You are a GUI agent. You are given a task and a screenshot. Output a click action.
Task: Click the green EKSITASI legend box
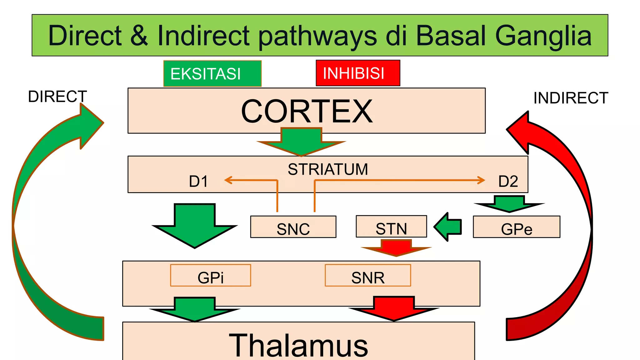click(212, 73)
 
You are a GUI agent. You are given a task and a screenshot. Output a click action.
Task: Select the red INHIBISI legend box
click(358, 73)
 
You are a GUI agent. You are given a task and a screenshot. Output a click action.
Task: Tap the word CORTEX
click(307, 112)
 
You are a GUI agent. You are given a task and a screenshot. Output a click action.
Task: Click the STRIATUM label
click(328, 169)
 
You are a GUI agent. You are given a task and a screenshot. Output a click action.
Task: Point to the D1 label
click(198, 182)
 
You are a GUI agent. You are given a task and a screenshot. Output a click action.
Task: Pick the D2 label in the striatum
click(508, 182)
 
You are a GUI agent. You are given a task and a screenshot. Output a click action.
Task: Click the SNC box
click(293, 227)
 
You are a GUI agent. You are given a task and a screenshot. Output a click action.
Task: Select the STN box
click(391, 227)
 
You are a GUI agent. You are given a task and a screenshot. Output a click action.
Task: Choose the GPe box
click(516, 227)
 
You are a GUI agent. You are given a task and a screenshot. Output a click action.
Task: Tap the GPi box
click(211, 276)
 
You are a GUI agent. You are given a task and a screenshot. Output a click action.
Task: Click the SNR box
click(368, 276)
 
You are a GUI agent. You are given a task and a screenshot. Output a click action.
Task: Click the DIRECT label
click(57, 97)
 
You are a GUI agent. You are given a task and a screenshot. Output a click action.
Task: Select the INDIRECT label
click(571, 98)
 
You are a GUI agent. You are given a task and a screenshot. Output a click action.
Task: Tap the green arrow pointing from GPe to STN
click(448, 227)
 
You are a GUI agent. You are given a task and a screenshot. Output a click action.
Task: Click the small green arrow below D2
click(509, 204)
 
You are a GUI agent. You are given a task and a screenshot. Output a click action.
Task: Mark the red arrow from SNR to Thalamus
click(394, 308)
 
